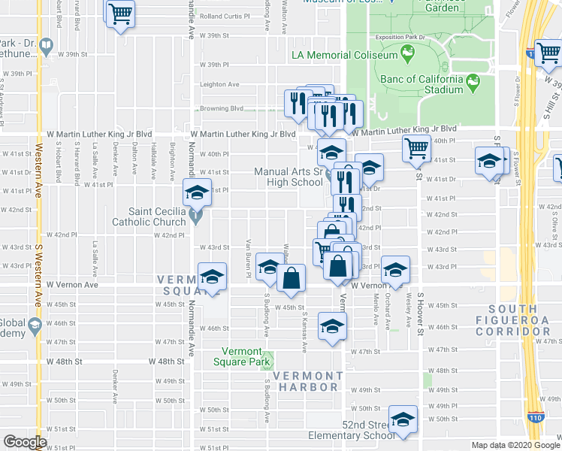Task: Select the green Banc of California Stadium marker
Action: coord(473,80)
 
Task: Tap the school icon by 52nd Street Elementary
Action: coord(403,420)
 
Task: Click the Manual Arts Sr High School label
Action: coord(288,177)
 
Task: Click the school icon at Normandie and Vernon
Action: coord(212,275)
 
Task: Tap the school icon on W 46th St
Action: coord(331,325)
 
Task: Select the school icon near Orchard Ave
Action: coord(394,268)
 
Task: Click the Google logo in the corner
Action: coord(25,442)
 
